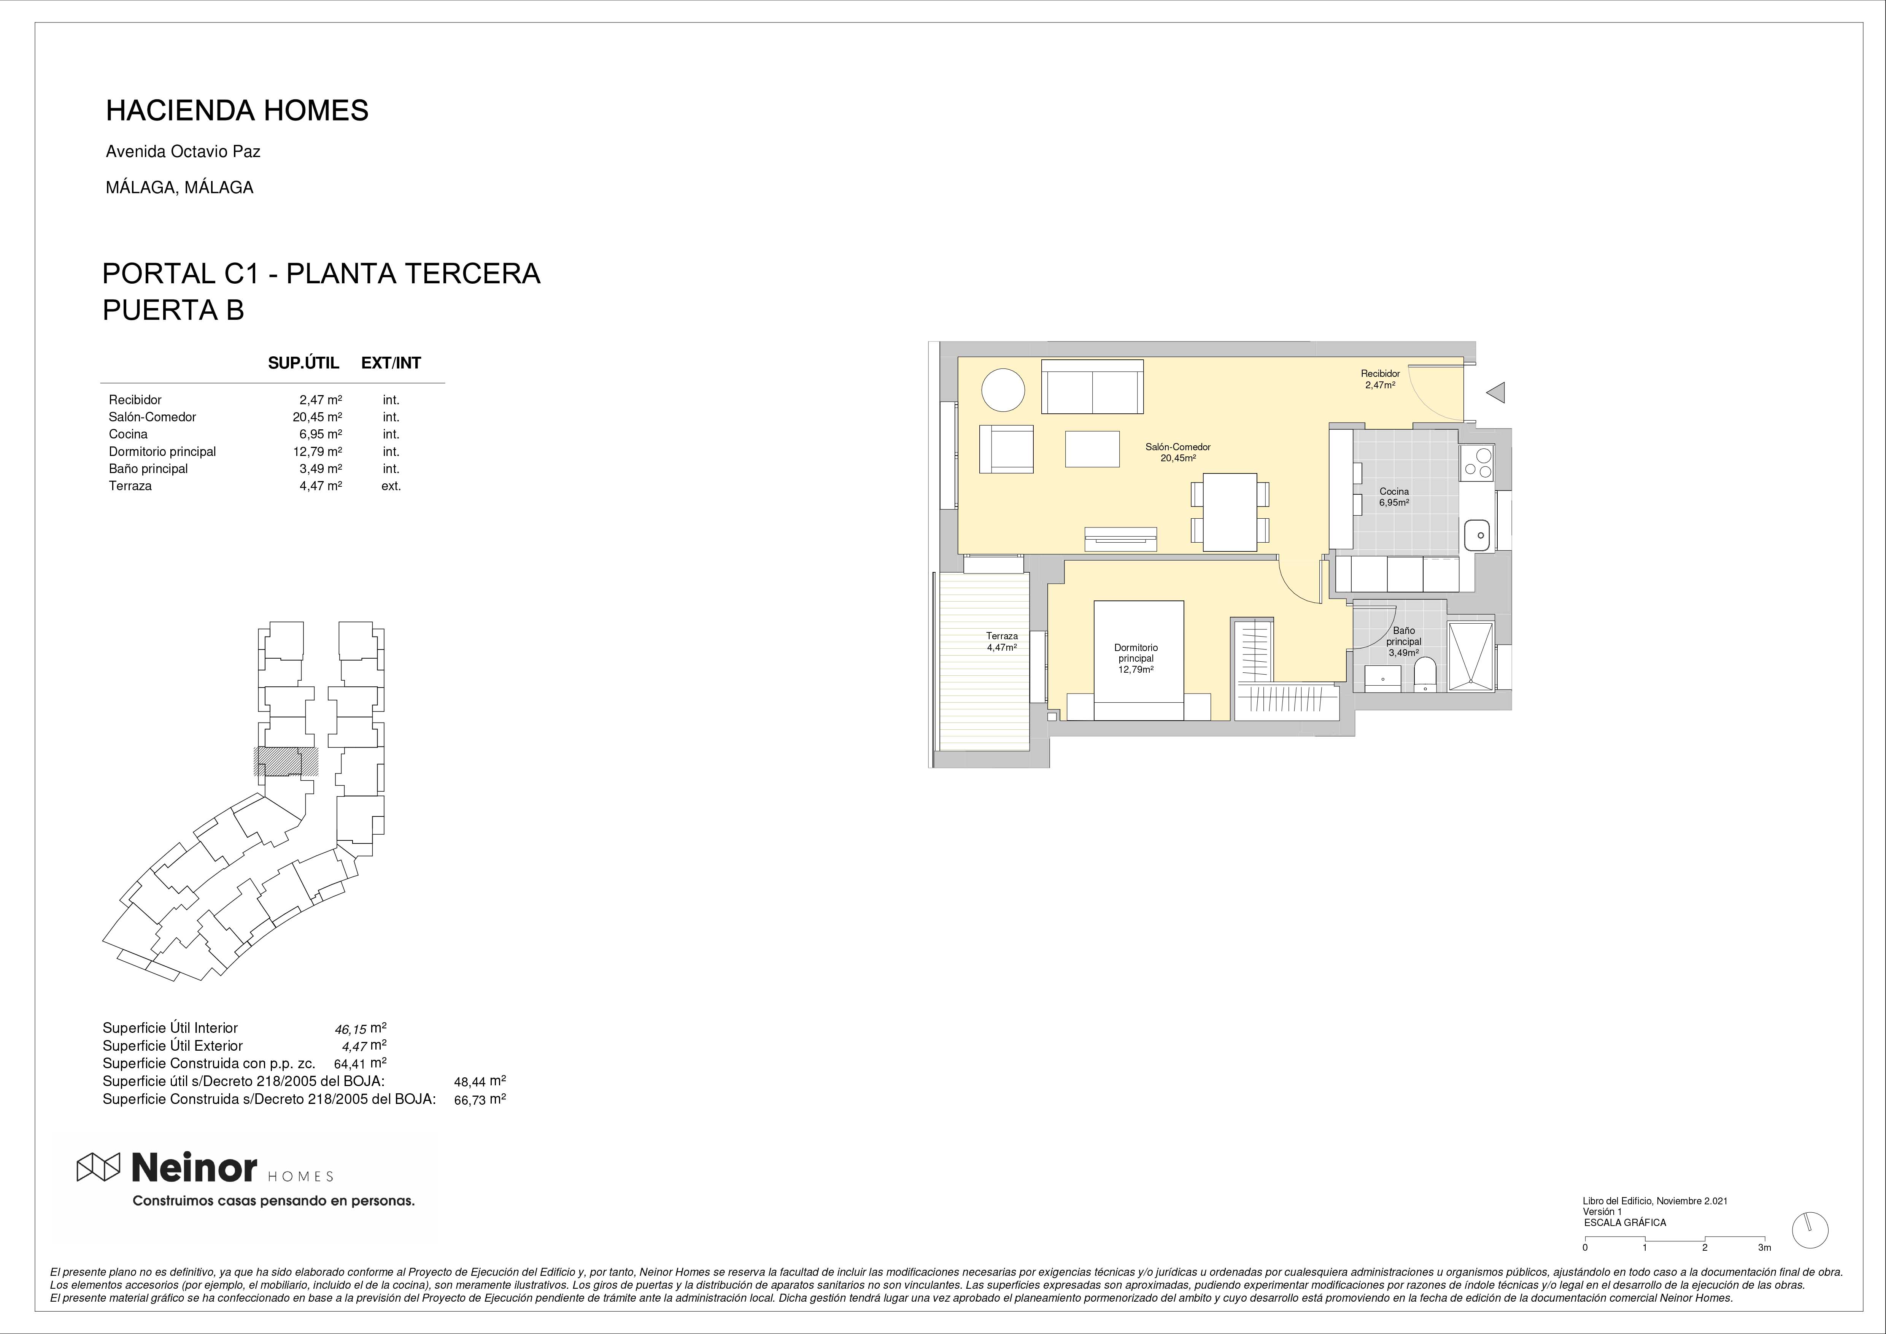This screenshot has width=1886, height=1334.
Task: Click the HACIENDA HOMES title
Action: click(237, 110)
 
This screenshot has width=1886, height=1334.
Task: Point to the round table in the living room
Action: click(1003, 389)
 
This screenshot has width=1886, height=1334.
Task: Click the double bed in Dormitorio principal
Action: click(1139, 661)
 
